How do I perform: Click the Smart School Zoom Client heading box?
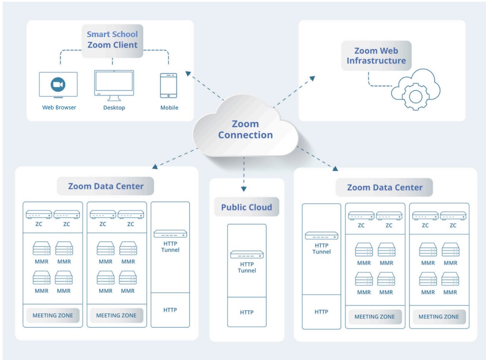pos(113,40)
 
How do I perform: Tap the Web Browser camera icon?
pos(58,84)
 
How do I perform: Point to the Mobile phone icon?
pos(168,85)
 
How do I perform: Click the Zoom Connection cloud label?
pos(245,129)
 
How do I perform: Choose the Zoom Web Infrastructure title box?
pos(376,56)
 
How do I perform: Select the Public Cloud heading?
pos(246,207)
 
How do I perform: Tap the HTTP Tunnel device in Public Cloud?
pos(247,255)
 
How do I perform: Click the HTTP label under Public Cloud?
pos(246,312)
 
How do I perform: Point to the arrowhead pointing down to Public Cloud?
pos(244,189)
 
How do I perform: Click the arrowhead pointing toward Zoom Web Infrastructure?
pos(312,78)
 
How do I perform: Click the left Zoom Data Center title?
pos(106,186)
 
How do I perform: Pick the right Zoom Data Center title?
pos(384,188)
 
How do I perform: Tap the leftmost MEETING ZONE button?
pos(53,316)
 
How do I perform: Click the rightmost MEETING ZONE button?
pos(439,317)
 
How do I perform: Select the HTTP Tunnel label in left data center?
pos(170,247)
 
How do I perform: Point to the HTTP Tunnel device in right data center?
pos(322,236)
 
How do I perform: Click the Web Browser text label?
pos(59,107)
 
